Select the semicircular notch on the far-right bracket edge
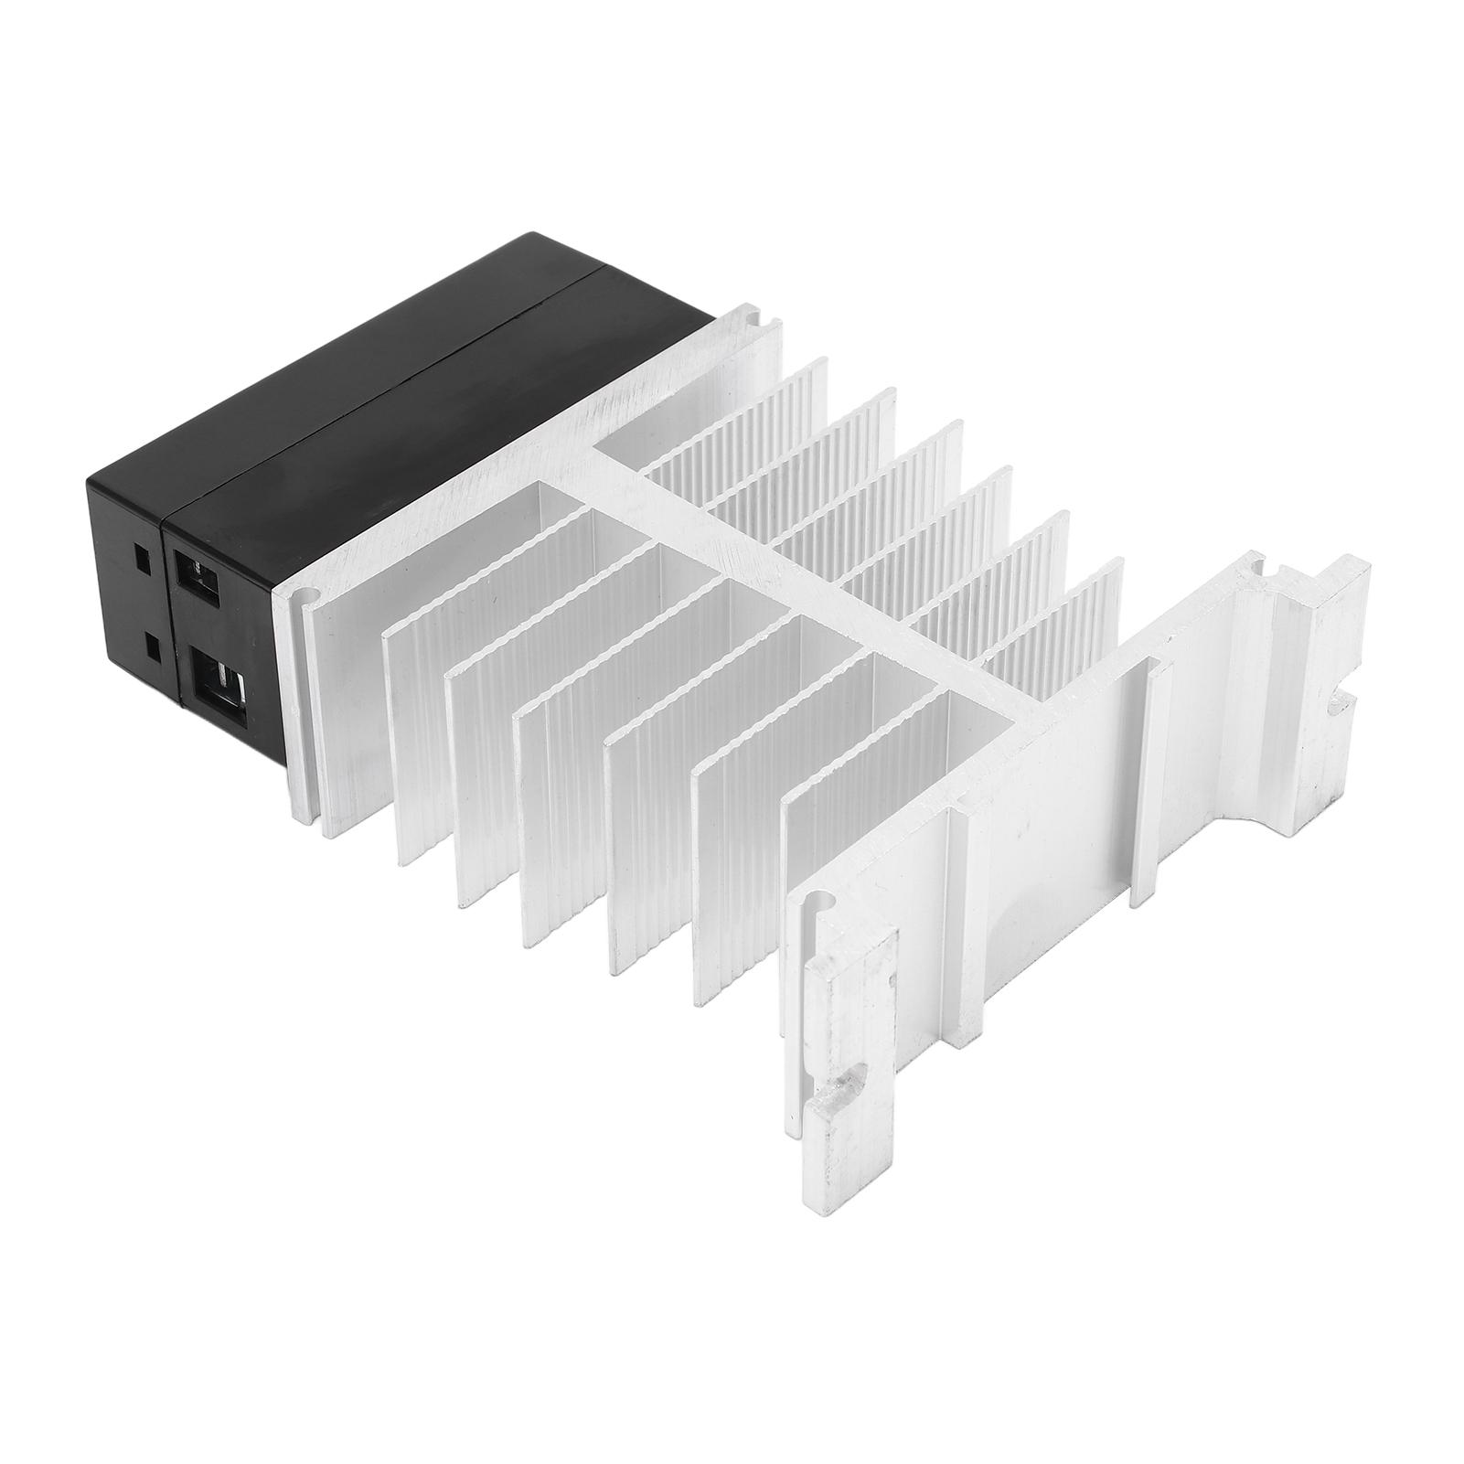click(x=1341, y=703)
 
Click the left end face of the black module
click(x=137, y=594)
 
